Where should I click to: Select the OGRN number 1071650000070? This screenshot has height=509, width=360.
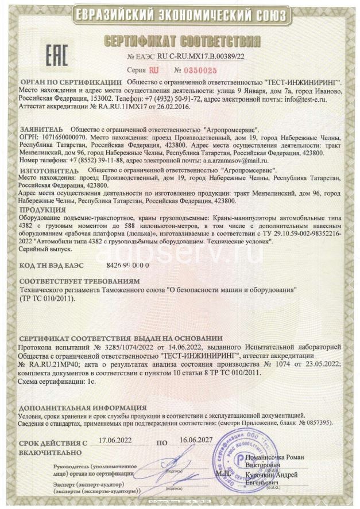pyautogui.click(x=63, y=138)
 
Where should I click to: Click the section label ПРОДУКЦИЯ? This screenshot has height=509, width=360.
pyautogui.click(x=41, y=211)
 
